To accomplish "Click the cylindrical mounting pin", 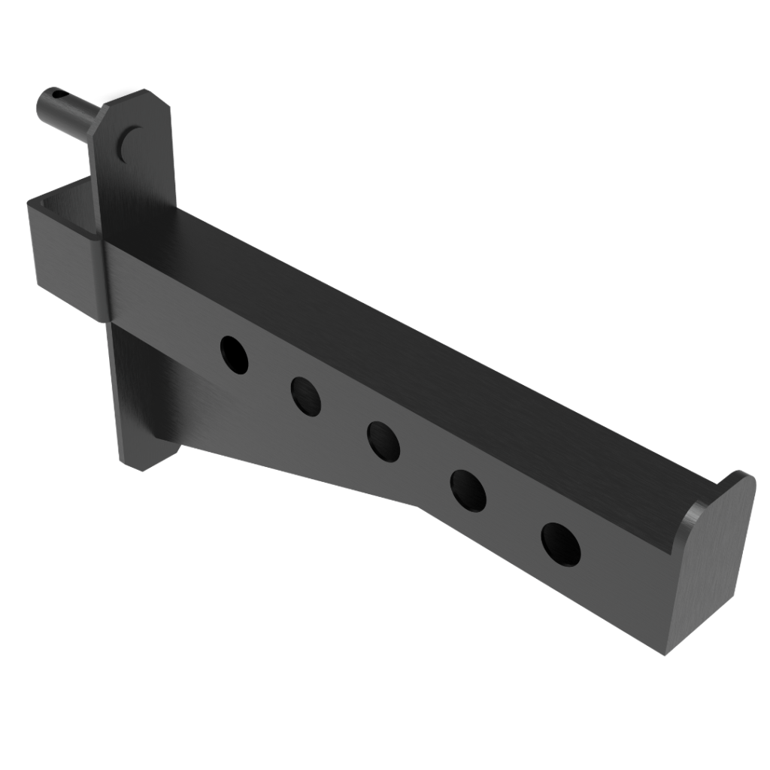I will (x=71, y=113).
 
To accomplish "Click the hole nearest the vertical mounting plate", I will (x=234, y=355).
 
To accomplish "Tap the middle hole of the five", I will (x=383, y=441).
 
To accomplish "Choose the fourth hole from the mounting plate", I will (x=468, y=490).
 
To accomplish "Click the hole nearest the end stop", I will (x=560, y=543).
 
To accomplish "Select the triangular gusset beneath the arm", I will (x=248, y=429).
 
